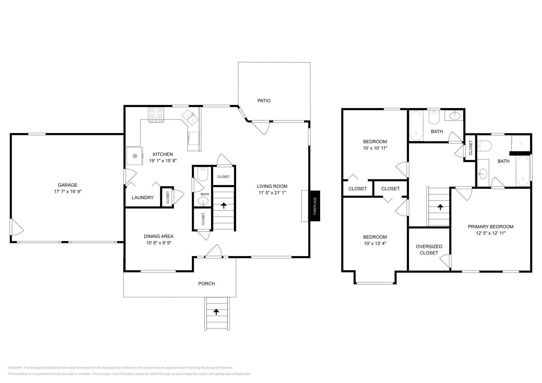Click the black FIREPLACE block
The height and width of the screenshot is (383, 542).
(315, 206)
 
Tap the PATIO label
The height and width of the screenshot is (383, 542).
(264, 100)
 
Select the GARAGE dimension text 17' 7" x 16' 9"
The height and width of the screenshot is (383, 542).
(68, 191)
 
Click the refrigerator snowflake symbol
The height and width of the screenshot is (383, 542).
(134, 156)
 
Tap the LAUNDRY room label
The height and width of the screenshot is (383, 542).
(143, 198)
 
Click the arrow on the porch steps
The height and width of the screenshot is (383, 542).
(216, 312)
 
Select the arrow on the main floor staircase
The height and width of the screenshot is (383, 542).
(224, 205)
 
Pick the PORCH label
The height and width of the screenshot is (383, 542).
(206, 284)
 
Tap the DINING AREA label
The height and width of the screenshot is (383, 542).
(159, 236)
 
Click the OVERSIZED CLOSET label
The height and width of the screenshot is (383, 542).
(429, 250)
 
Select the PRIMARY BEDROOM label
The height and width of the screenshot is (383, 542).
(491, 227)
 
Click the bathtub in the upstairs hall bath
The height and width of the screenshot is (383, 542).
(416, 126)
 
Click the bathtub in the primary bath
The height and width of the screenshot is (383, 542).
(523, 171)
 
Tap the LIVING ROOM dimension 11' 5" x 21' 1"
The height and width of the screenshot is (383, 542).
(272, 193)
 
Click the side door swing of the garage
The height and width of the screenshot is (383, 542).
(16, 227)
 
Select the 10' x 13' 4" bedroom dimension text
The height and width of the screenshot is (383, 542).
(375, 243)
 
